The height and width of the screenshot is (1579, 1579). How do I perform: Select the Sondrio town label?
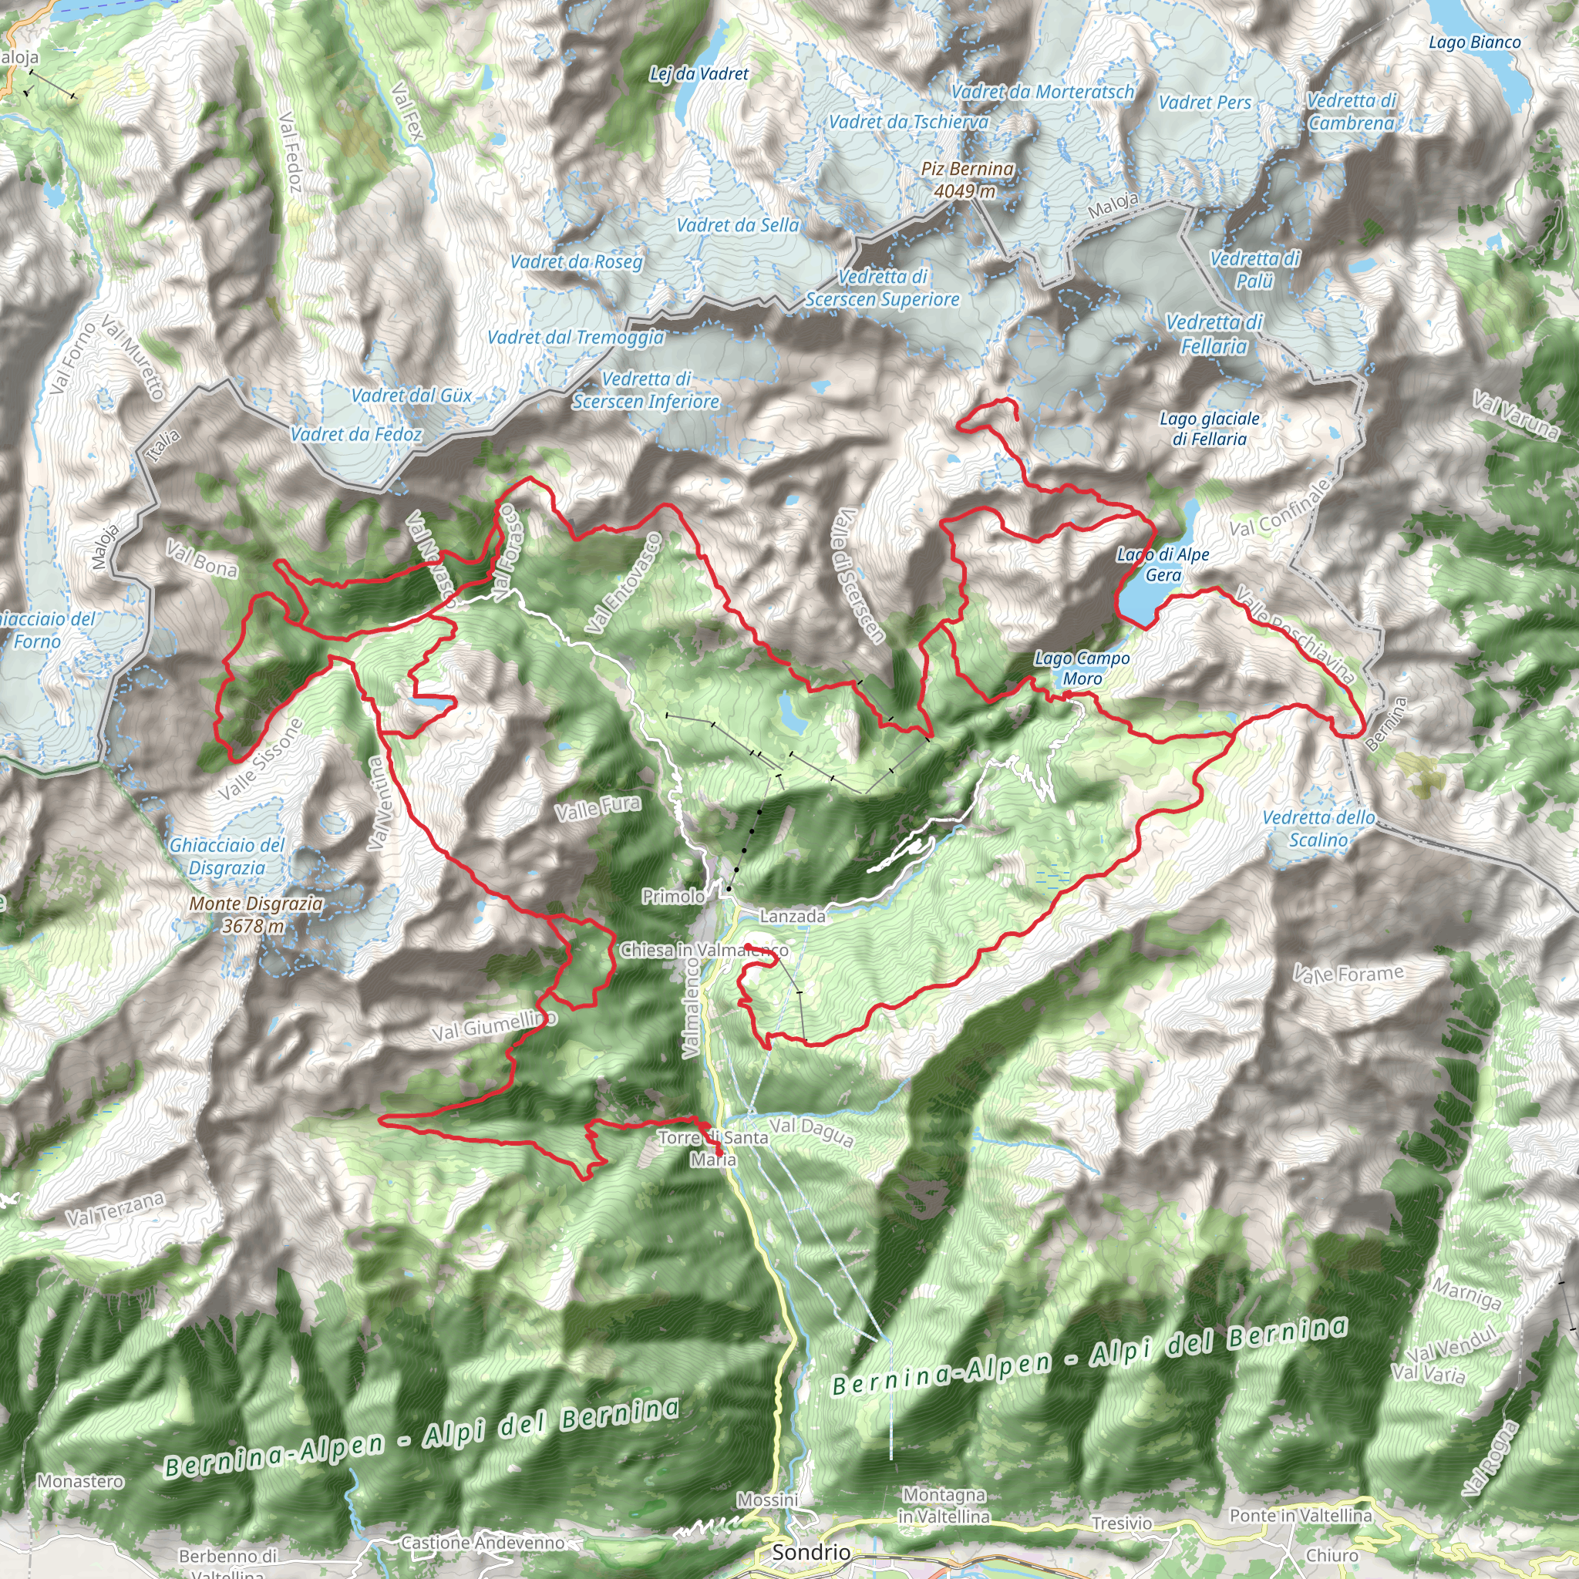pos(811,1552)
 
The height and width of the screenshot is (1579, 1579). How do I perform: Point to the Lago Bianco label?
pos(1474,42)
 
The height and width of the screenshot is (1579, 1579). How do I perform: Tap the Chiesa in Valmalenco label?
pos(704,950)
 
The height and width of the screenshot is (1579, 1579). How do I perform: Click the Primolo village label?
pos(672,897)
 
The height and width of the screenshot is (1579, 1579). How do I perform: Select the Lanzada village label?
pos(792,916)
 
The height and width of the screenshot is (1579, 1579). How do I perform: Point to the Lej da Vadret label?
pos(699,73)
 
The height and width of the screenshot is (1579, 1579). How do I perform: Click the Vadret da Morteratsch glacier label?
pos(1042,92)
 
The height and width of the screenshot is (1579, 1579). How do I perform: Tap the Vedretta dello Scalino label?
pos(1318,829)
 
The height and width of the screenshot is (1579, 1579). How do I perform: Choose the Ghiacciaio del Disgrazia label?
pos(227,856)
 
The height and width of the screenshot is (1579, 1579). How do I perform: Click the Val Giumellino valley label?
pos(493,1025)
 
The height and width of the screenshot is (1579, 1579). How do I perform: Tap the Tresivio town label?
pos(1121,1523)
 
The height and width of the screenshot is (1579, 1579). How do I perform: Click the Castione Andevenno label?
pos(482,1542)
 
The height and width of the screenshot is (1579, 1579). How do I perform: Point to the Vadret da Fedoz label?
pos(356,434)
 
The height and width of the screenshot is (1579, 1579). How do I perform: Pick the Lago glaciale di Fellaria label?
pos(1209,428)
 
